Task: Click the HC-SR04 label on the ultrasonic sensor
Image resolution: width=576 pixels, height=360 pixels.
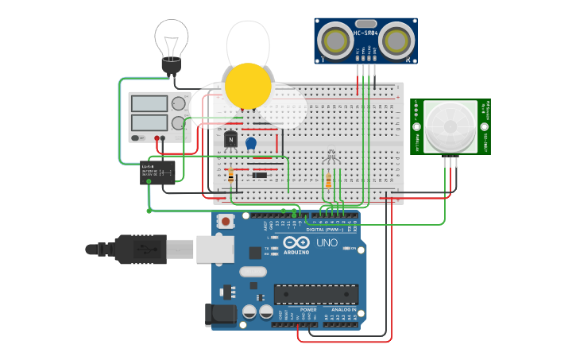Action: (365, 33)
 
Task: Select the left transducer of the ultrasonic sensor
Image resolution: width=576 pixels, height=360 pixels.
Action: (334, 39)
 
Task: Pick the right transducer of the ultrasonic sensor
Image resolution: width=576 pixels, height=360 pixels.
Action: (396, 39)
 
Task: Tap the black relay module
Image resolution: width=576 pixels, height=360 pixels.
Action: (157, 172)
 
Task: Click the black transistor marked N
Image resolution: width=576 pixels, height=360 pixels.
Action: (231, 140)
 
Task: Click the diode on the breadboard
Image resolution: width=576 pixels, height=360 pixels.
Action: (258, 175)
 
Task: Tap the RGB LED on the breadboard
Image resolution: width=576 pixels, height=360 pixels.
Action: (331, 158)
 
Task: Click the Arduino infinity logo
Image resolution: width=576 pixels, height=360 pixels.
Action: (296, 243)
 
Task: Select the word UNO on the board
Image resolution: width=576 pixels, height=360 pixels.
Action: (327, 242)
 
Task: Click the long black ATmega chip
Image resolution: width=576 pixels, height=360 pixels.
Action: (315, 294)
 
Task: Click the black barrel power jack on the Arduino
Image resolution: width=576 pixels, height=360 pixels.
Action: (221, 315)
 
